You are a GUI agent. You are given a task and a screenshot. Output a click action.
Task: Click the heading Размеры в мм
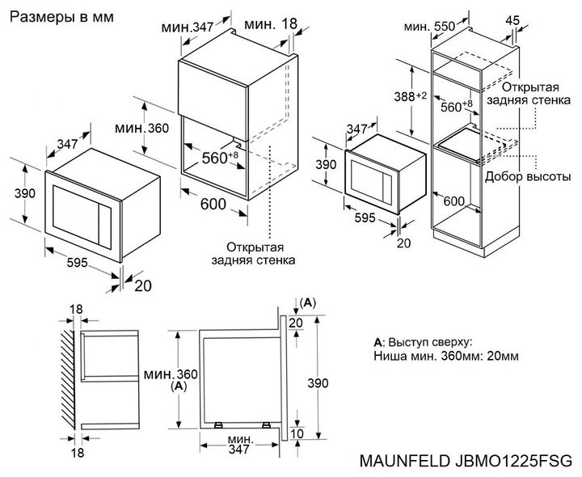(61, 16)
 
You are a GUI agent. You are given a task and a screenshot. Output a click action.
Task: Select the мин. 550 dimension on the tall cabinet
(429, 26)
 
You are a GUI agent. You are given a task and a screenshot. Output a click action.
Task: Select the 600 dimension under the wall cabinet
(213, 205)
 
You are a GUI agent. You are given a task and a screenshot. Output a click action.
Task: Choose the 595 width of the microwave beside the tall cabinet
(366, 218)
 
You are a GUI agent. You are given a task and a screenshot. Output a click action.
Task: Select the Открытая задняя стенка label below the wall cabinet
(254, 253)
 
